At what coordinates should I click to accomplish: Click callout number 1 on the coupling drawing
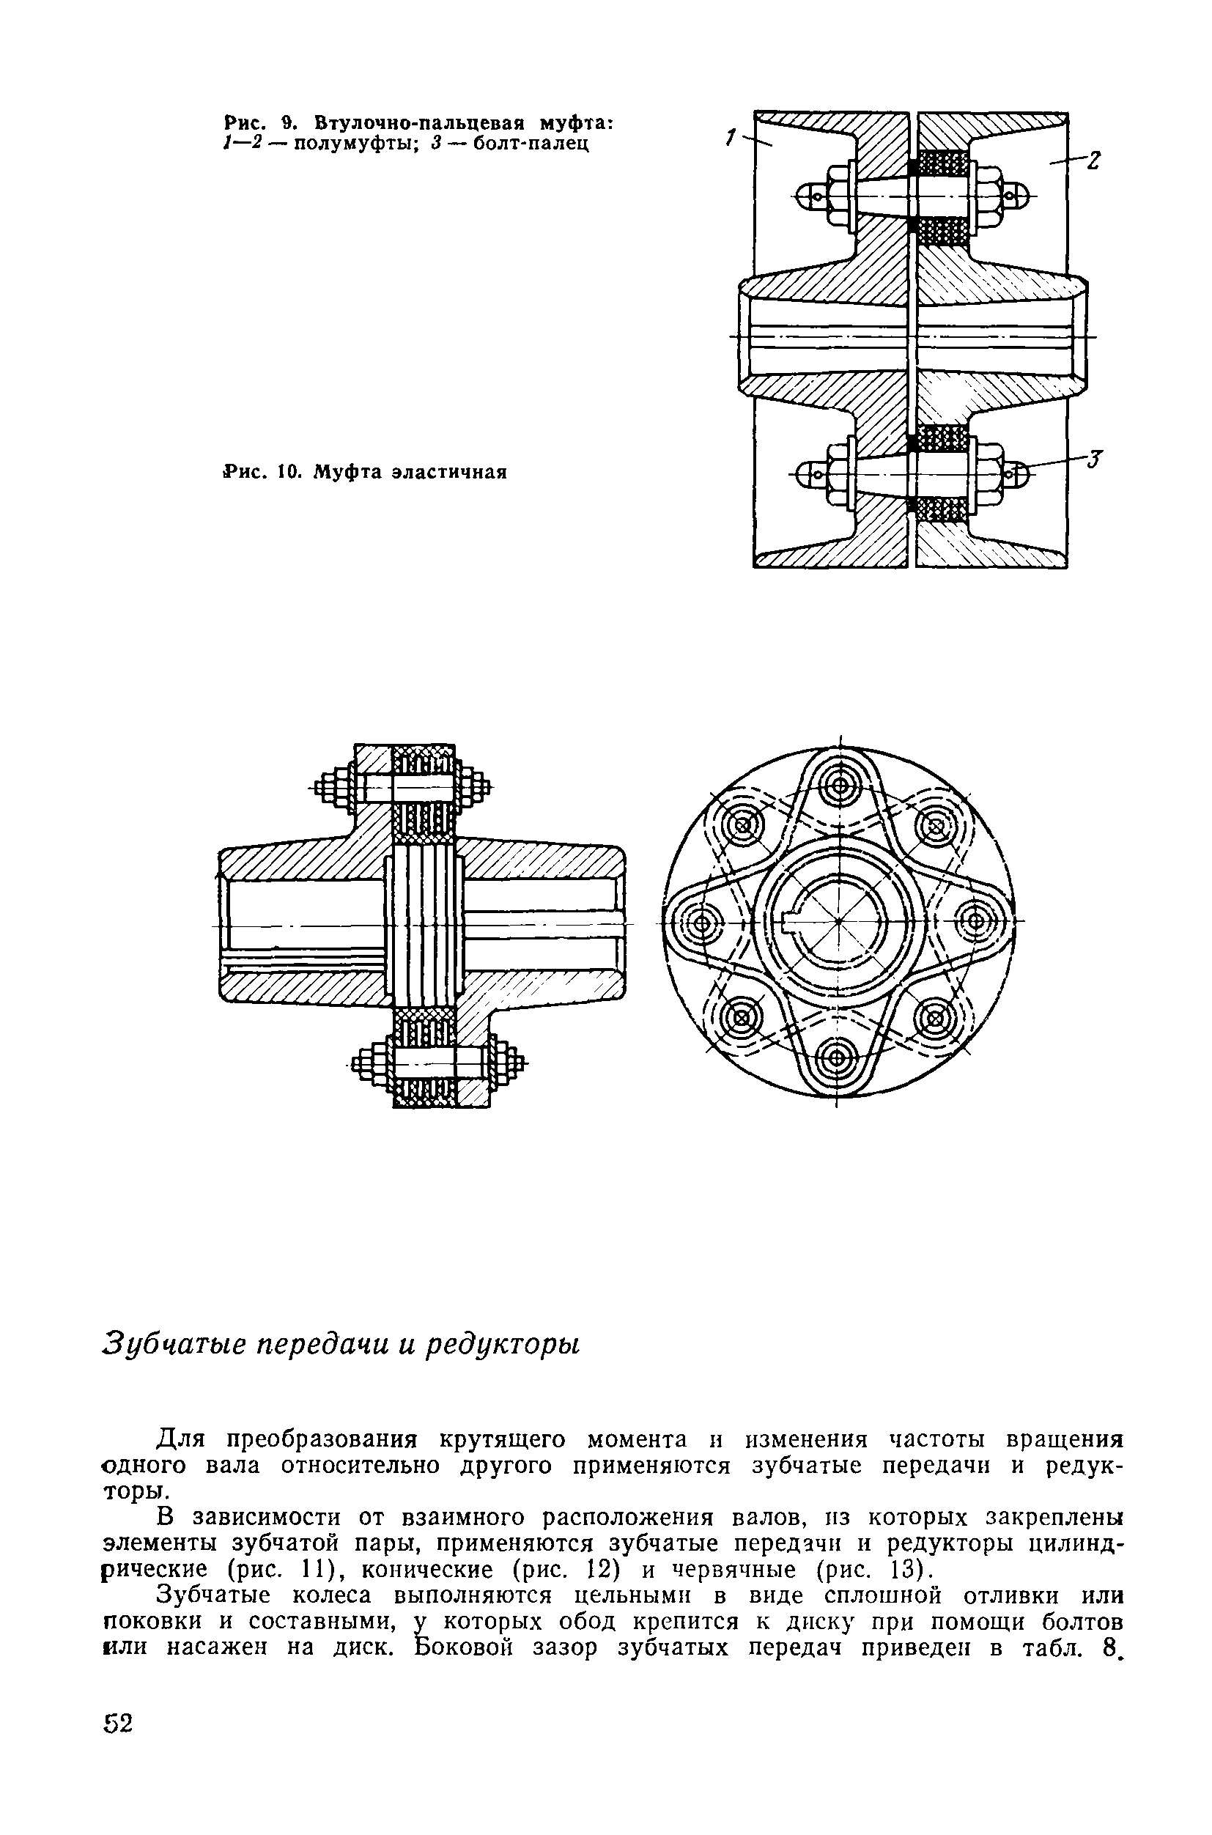(x=729, y=137)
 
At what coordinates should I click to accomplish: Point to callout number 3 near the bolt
(x=1095, y=459)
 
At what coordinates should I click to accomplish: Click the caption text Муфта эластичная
(x=409, y=472)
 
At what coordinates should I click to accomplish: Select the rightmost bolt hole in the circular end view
(x=975, y=921)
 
